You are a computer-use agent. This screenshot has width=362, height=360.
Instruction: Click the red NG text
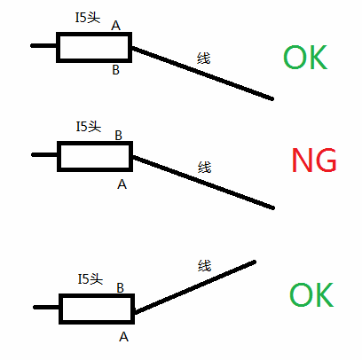314,160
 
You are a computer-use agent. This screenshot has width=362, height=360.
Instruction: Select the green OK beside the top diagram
305,57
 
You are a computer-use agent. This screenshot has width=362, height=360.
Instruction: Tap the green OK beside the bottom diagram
311,294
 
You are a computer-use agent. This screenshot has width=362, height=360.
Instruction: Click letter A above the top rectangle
116,26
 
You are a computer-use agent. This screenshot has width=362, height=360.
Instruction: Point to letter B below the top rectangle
115,70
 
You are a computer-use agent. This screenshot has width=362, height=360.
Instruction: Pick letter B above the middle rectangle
118,136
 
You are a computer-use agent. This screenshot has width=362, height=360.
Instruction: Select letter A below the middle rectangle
122,184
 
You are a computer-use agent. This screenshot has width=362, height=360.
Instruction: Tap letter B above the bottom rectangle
120,288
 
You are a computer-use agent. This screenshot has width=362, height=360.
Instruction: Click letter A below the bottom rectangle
123,337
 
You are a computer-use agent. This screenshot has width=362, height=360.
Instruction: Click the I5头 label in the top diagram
88,18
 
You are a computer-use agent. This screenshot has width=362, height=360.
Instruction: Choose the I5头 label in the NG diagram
89,127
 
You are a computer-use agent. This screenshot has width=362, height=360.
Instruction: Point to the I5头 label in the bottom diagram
90,279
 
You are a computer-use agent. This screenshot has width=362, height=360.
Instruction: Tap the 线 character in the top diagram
204,59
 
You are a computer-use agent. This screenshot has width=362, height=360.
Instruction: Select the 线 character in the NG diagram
205,167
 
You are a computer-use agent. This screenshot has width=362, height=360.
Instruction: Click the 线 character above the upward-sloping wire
205,265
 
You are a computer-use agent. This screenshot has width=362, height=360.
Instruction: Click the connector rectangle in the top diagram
94,34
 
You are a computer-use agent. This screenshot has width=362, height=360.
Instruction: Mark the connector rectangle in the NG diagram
95,143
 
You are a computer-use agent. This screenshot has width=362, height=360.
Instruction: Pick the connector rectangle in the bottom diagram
97,295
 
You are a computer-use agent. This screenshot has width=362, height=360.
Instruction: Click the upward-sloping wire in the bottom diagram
195,286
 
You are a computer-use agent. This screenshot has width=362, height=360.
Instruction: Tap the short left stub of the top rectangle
43,45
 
